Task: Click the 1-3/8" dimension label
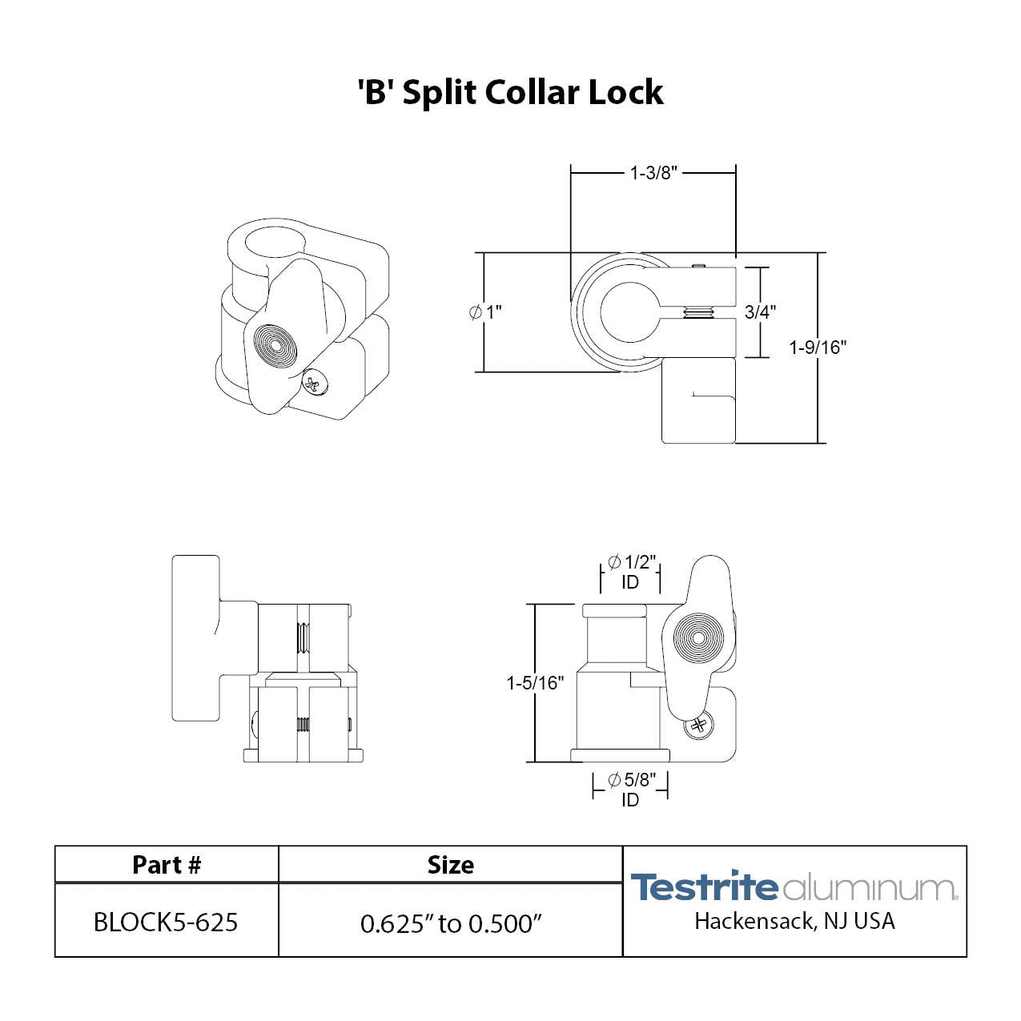point(653,173)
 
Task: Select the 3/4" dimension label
point(760,312)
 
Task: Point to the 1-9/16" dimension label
point(818,348)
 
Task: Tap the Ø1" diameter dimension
point(486,312)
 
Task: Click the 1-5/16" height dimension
point(535,683)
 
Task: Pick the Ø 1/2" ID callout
point(631,572)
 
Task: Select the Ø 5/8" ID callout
point(631,789)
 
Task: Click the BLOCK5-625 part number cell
point(166,922)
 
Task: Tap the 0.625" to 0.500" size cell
point(451,923)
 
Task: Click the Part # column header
point(167,865)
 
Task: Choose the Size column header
point(451,865)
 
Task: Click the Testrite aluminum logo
point(793,887)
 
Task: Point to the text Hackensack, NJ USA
point(794,922)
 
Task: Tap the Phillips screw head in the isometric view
point(313,385)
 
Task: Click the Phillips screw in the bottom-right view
point(698,726)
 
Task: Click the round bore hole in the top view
point(629,312)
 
